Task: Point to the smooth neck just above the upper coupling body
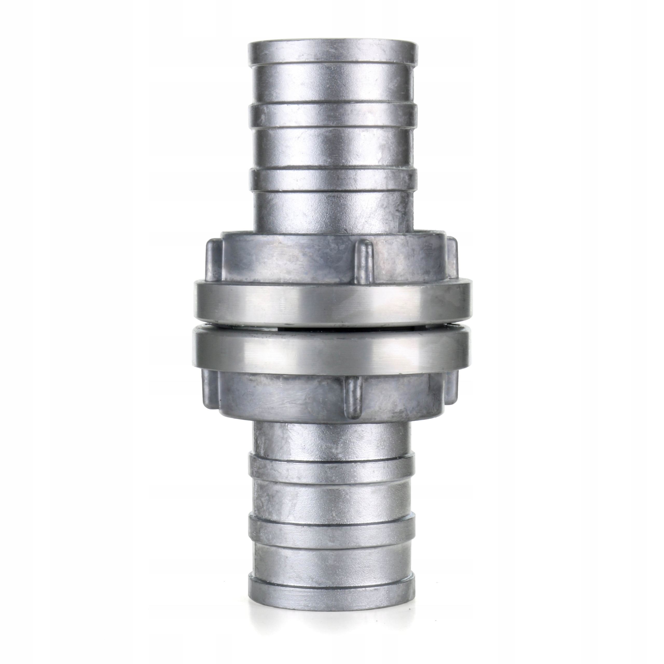point(332,211)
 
